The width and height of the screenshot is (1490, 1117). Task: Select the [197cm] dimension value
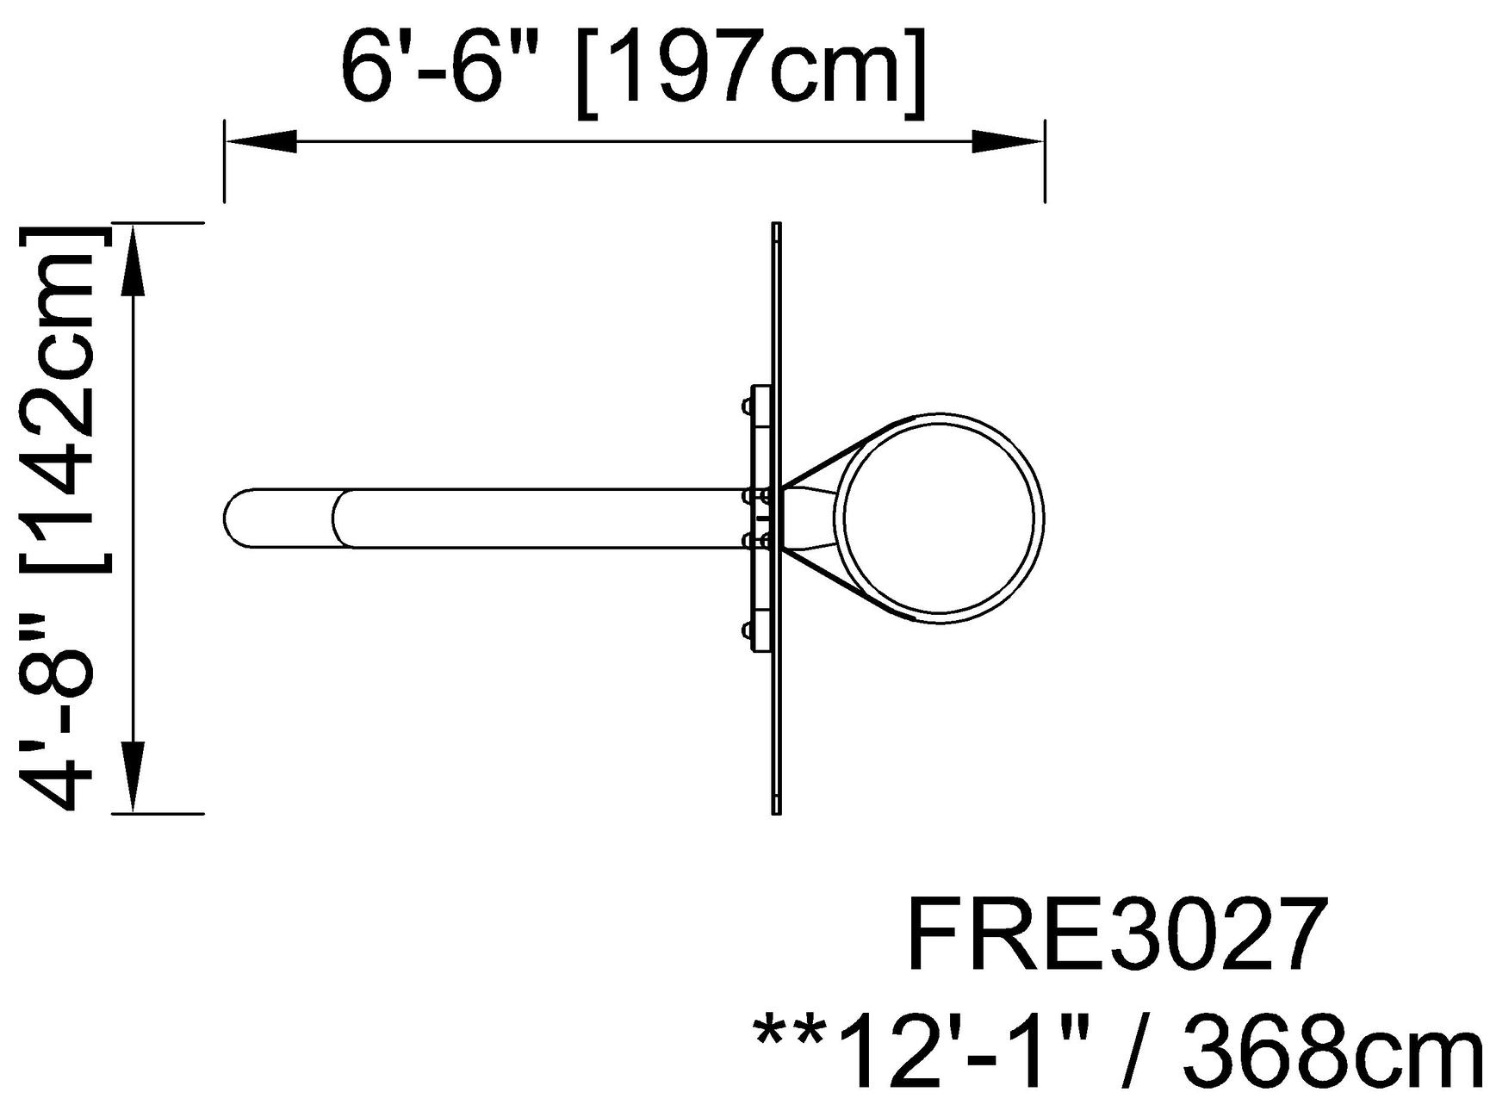tap(752, 72)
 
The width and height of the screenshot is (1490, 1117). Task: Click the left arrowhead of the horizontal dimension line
tap(261, 142)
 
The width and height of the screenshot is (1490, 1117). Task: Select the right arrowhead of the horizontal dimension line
tap(1009, 142)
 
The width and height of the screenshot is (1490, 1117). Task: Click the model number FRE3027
tap(1113, 935)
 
